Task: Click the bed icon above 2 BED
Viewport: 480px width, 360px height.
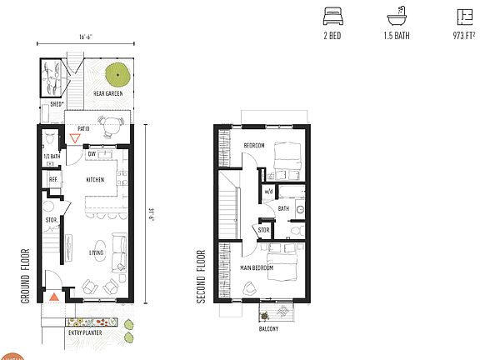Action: (333, 16)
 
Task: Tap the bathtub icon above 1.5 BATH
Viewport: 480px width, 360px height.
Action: (395, 16)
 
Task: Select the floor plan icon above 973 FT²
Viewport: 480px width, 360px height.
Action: (461, 16)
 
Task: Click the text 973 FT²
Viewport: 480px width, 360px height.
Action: (460, 37)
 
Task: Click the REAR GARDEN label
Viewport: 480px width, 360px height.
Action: (108, 93)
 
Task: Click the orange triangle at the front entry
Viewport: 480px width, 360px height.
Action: (54, 296)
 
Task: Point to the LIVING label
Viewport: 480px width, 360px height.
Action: (97, 252)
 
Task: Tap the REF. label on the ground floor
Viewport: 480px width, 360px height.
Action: (52, 179)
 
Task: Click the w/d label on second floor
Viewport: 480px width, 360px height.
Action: (268, 191)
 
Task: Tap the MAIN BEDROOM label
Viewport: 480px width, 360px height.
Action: (257, 267)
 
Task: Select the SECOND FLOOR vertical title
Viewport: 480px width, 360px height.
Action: (202, 275)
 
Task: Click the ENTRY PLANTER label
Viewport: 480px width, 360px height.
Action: (83, 332)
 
